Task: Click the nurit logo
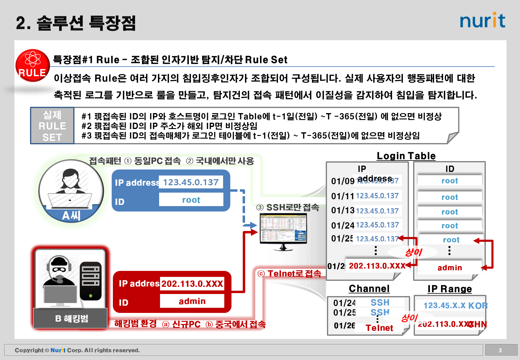(482, 20)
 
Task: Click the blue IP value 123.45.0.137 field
(191, 182)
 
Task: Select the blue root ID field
(191, 200)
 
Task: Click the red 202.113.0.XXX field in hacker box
(192, 283)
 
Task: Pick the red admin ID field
(192, 301)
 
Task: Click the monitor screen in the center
(283, 229)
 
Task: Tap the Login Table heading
(406, 156)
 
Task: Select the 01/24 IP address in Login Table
(377, 225)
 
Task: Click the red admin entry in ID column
(449, 268)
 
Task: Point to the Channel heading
(369, 289)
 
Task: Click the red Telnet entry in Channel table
(379, 328)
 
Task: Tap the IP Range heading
(449, 289)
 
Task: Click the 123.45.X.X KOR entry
(455, 306)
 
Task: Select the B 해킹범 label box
(71, 318)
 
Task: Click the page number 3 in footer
(500, 350)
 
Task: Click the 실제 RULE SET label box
(52, 126)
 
